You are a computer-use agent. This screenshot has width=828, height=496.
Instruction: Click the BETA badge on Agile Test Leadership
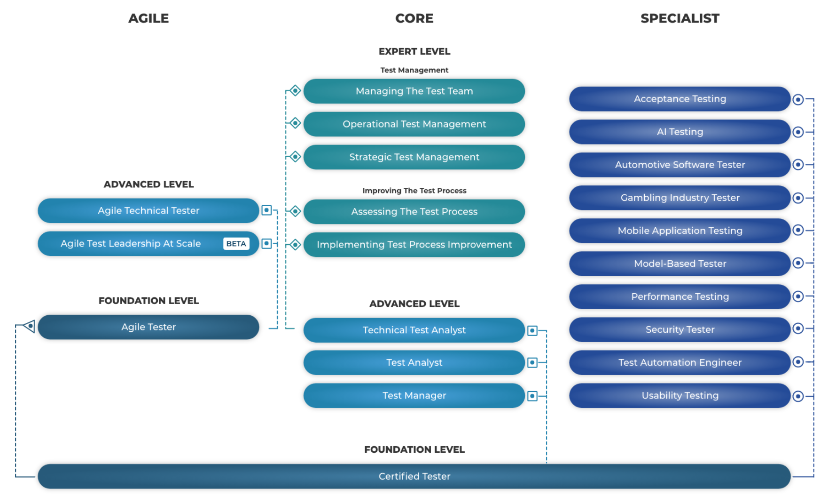[236, 244]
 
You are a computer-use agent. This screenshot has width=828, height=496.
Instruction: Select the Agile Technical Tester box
[148, 211]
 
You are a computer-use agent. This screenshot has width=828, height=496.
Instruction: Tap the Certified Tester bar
[414, 476]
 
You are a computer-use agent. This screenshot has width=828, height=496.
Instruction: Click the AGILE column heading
[148, 18]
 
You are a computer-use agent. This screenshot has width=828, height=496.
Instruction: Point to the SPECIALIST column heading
[680, 18]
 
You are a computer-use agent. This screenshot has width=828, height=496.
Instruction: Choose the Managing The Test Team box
[414, 91]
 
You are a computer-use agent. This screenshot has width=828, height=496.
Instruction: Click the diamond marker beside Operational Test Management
[295, 123]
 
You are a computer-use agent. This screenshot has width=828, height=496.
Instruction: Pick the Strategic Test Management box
[414, 157]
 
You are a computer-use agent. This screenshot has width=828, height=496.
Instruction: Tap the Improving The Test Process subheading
[414, 191]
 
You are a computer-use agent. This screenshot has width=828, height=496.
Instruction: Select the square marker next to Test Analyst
[532, 363]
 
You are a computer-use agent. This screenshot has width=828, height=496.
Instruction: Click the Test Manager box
[414, 396]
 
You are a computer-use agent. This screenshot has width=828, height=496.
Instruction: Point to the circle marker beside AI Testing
[798, 132]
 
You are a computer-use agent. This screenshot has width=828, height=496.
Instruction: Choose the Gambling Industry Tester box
[680, 198]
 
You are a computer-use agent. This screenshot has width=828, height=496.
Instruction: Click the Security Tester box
[680, 329]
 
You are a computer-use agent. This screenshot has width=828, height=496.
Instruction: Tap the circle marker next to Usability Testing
[798, 396]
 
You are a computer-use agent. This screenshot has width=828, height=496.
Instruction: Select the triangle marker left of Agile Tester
[30, 326]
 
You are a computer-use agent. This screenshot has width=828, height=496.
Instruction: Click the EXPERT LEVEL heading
[414, 51]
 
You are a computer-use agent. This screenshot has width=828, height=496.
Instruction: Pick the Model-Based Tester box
[680, 264]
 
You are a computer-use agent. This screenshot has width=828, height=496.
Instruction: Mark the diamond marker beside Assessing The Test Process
[295, 211]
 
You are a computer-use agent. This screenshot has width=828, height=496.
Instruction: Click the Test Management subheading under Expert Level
[414, 70]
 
